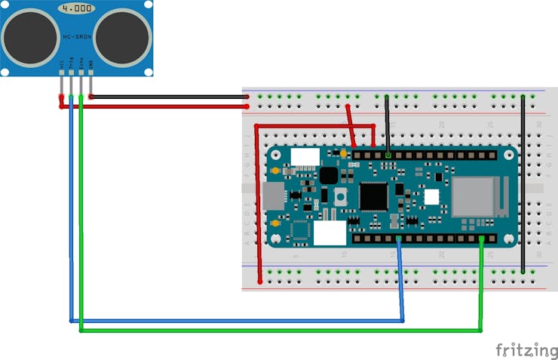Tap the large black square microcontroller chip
(373, 195)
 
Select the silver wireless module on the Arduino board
(473, 195)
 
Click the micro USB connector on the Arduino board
(274, 195)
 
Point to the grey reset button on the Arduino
(341, 197)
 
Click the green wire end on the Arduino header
(481, 241)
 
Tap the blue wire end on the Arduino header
(398, 241)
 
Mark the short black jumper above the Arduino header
(387, 125)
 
